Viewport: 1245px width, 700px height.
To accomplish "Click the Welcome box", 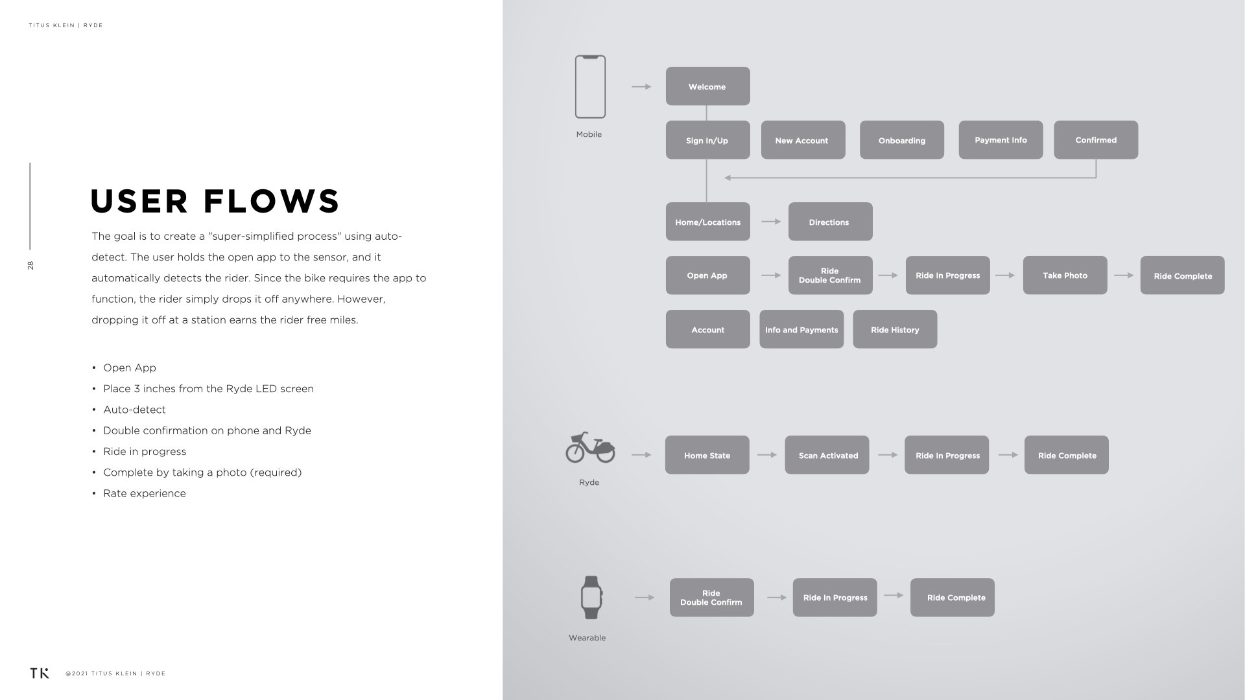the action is [707, 86].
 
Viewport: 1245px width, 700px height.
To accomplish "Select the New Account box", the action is [803, 140].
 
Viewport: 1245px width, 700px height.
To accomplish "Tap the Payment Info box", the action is [1001, 140].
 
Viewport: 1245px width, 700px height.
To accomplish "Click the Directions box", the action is [830, 222].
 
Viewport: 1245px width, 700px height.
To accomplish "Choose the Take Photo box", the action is [1065, 275].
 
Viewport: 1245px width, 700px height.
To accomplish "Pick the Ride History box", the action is [895, 329].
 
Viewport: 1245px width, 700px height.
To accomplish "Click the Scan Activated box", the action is [827, 455].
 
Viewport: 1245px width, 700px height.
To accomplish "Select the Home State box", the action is [707, 455].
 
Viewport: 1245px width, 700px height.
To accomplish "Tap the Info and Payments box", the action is [801, 329].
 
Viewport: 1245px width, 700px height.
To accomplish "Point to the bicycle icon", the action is [590, 447].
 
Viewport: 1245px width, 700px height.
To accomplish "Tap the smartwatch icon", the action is [591, 598].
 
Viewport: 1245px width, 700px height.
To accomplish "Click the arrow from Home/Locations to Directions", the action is [771, 222].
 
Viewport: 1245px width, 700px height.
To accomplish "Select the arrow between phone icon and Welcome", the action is [641, 86].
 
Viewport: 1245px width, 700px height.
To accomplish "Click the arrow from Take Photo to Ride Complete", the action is [1124, 275].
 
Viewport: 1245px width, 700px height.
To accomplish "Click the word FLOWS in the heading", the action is [272, 201].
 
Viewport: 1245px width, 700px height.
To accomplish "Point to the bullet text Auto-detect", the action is [134, 410].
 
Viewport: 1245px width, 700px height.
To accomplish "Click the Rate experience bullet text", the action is [145, 493].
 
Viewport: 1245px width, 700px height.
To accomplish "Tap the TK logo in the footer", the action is [40, 673].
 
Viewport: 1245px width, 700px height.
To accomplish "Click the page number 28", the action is [30, 265].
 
